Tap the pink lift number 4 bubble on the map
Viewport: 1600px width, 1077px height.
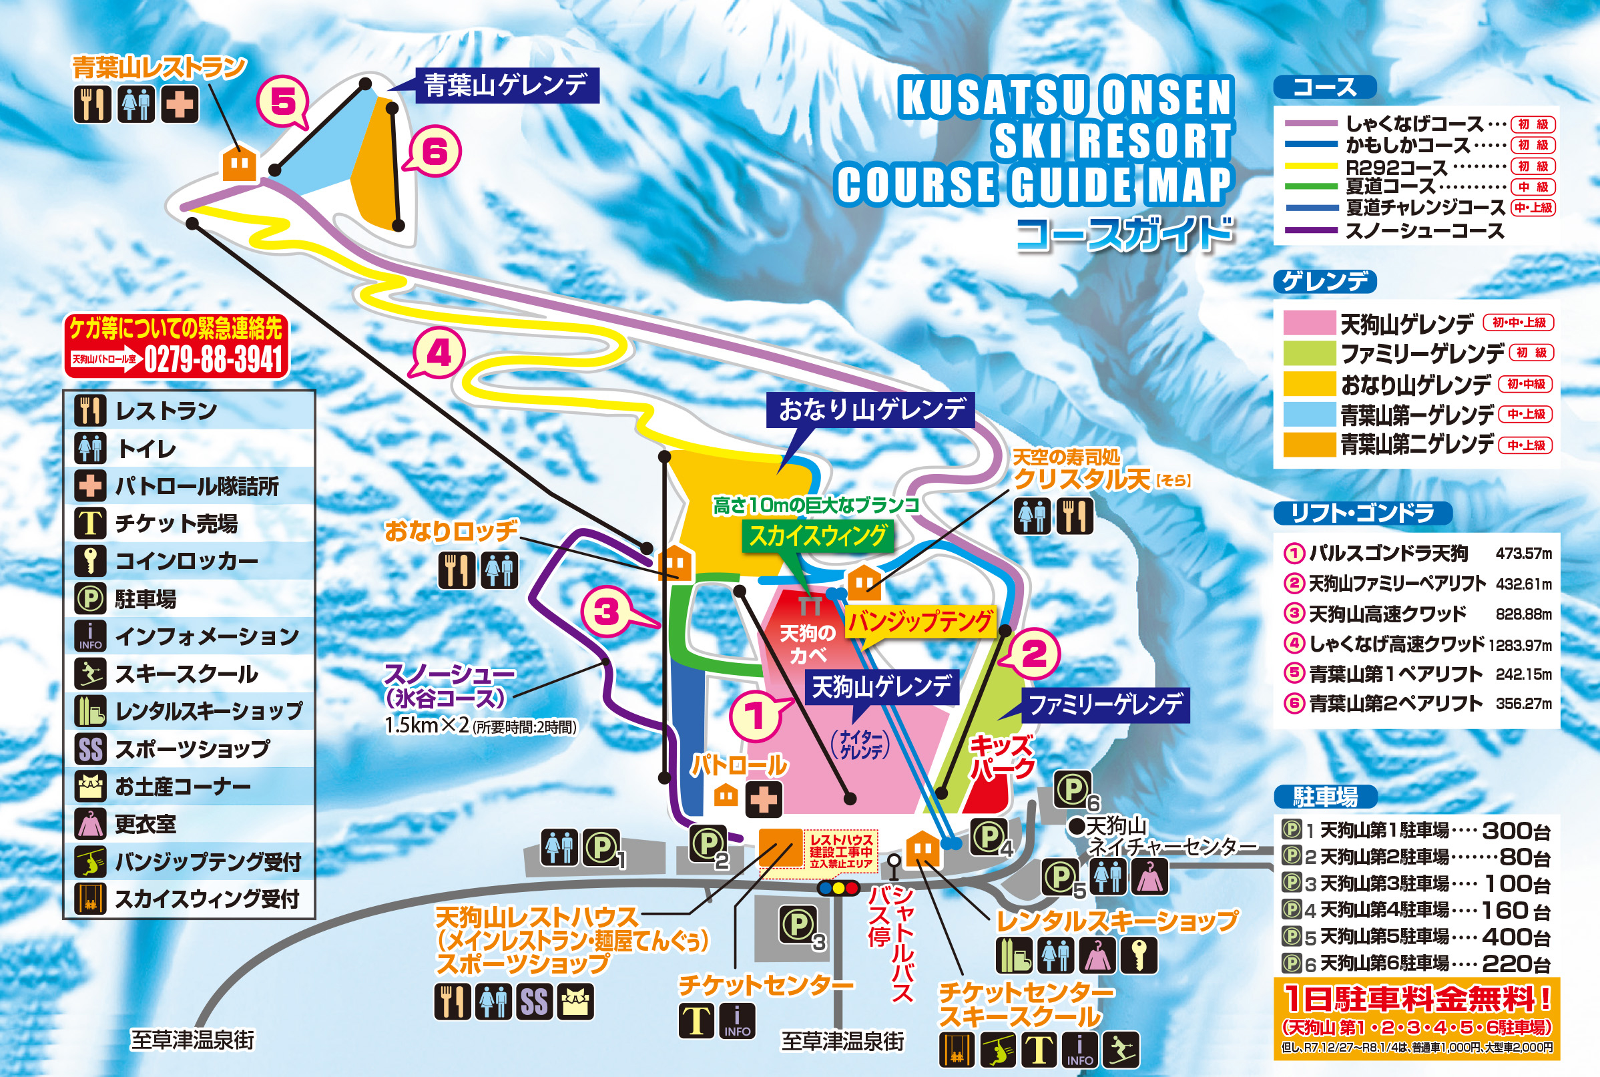click(x=439, y=353)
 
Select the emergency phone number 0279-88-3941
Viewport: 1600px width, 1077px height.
click(x=214, y=359)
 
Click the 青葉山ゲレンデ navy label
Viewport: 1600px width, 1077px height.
click(x=506, y=85)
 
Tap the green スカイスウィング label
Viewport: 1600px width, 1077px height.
click(x=817, y=535)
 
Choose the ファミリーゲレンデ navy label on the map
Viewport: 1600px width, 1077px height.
click(x=1105, y=704)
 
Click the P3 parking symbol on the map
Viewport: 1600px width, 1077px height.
click(x=798, y=924)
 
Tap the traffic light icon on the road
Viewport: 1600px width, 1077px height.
click(x=838, y=888)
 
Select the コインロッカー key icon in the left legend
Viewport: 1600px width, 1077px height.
click(x=90, y=561)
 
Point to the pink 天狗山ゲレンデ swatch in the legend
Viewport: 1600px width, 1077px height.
click(x=1309, y=322)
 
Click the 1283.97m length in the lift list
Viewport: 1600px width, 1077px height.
click(x=1520, y=645)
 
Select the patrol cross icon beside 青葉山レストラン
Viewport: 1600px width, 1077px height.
click(x=181, y=104)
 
